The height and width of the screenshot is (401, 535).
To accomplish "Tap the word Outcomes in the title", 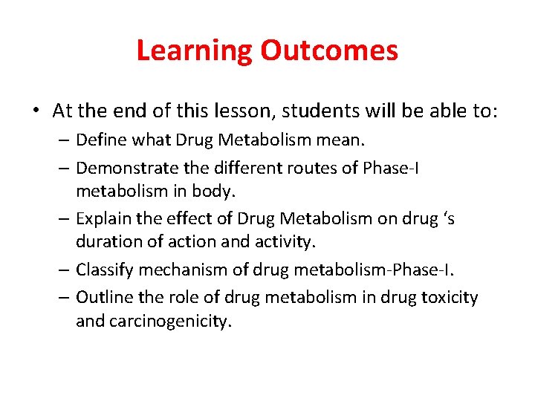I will click(x=329, y=50).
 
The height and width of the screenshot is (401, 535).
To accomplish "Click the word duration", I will click(x=106, y=241).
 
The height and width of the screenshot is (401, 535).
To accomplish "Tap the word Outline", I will click(x=103, y=297).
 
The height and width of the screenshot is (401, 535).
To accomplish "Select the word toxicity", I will click(x=448, y=297).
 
